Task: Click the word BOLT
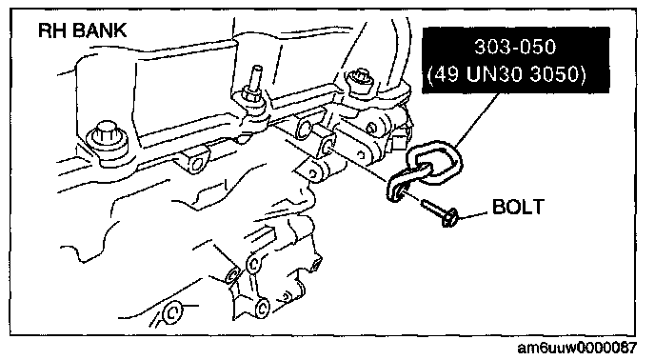coord(519,207)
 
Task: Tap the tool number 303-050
coord(515,47)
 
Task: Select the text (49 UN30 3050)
coord(507,74)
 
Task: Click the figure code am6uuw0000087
coord(577,348)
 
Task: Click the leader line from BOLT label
coord(473,215)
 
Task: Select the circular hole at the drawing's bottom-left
coord(172,312)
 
